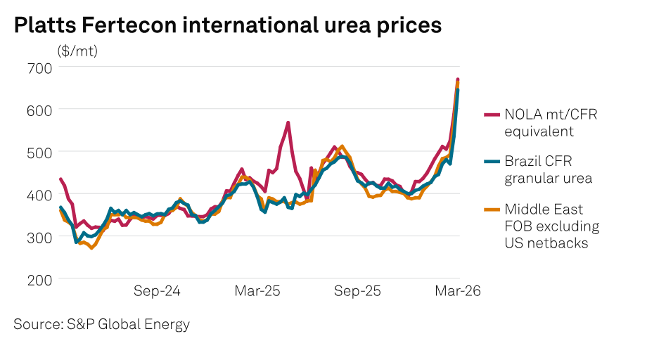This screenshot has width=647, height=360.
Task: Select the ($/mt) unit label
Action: (77, 51)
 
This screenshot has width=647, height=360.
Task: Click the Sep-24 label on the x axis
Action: (158, 290)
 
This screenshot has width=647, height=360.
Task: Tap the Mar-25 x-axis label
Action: (257, 290)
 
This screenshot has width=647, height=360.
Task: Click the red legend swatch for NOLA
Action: (492, 114)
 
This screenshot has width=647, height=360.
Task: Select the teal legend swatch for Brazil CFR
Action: (492, 161)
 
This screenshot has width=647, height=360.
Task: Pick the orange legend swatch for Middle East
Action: (492, 209)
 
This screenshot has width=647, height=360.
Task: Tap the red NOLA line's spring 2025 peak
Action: (288, 122)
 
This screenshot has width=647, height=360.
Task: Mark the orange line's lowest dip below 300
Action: (91, 248)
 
